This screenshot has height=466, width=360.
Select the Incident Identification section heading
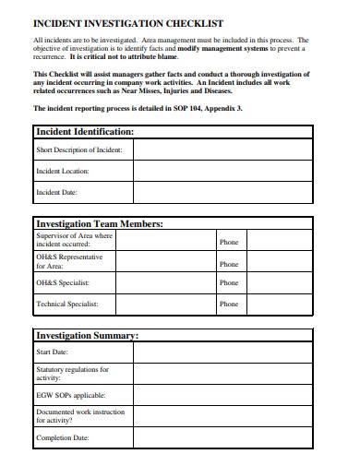pos(84,132)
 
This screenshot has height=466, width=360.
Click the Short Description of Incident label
pos(78,150)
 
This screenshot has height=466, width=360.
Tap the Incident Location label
pos(62,172)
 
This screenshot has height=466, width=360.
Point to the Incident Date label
pos(56,193)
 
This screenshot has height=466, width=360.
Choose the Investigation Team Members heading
pos(99,223)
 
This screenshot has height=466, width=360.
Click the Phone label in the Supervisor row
pos(229,242)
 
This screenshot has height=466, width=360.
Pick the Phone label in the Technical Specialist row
pos(229,304)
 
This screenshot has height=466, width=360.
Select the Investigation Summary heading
pos(87,335)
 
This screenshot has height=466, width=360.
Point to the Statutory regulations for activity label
pos(72,374)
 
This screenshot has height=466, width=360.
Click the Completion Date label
pos(63,437)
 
